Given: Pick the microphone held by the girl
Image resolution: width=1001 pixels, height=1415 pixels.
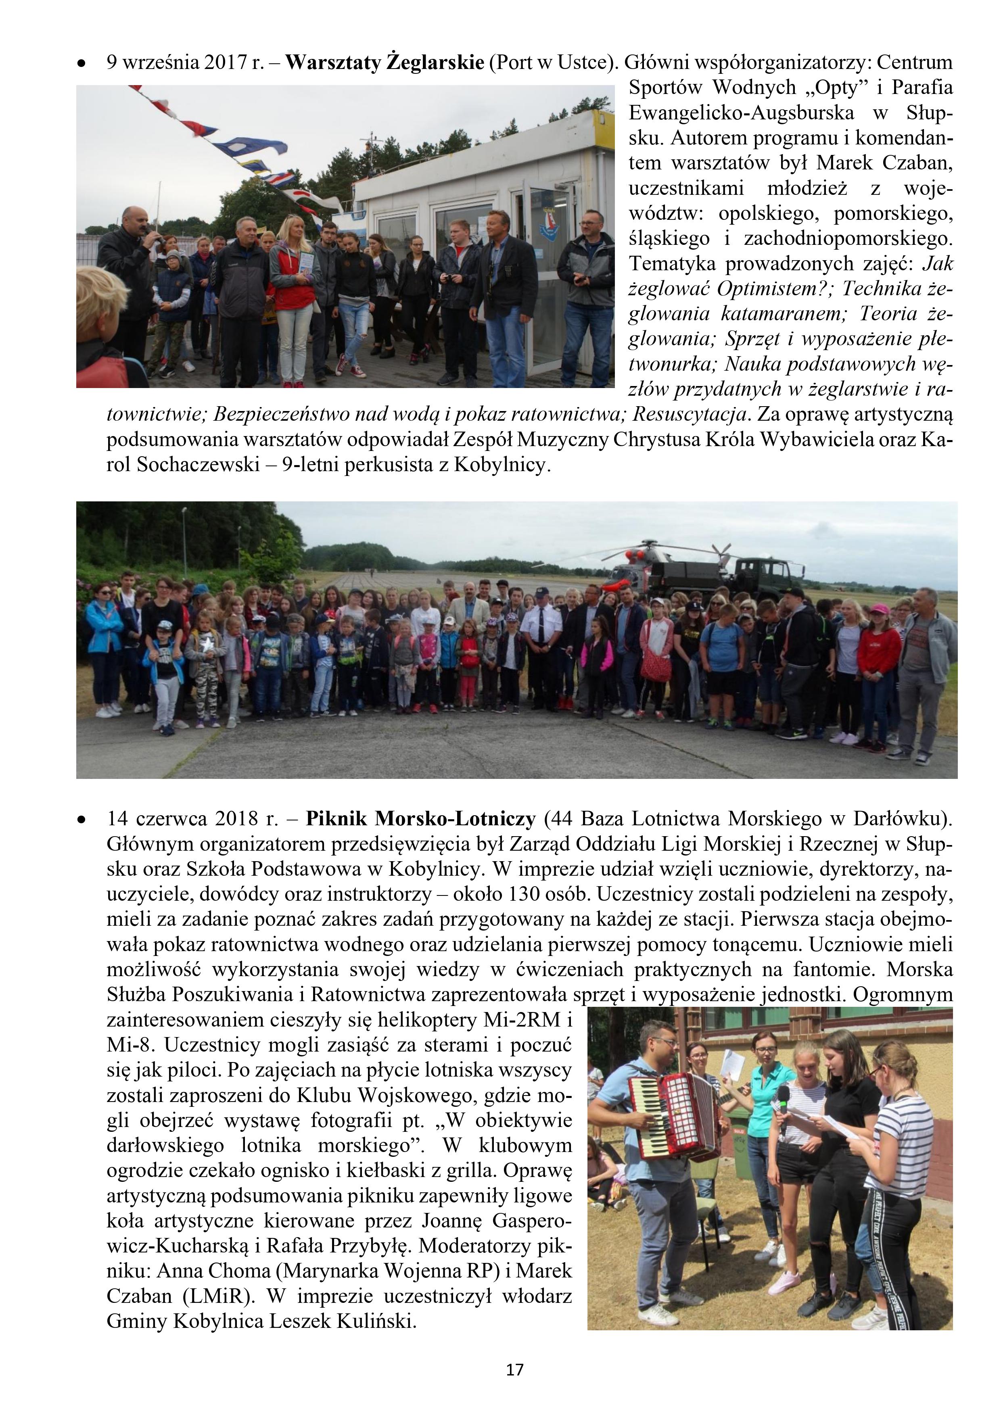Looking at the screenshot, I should point(784,1098).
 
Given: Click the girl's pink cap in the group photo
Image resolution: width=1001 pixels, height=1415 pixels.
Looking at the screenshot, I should point(880,609).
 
